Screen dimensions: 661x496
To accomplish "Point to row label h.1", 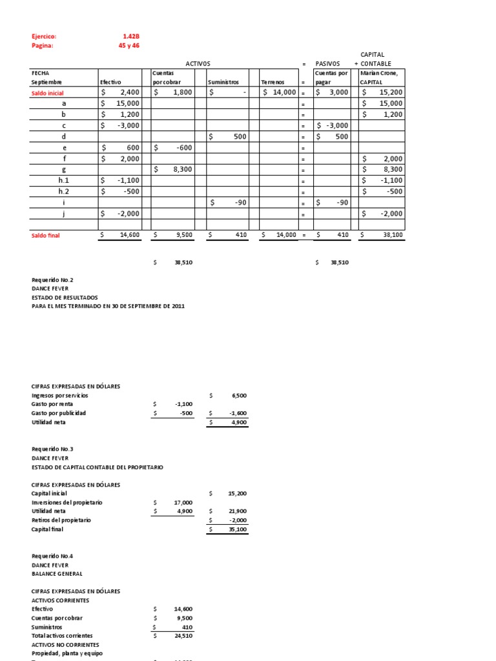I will (64, 181).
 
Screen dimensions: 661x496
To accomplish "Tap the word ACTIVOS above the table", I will (198, 64).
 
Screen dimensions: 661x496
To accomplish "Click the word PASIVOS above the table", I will (327, 64).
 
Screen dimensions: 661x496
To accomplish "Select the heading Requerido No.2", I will (52, 280).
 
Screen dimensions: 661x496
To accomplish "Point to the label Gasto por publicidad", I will (59, 413).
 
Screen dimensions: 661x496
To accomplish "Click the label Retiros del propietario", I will (61, 520).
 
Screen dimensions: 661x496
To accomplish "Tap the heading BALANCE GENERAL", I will (57, 574).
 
